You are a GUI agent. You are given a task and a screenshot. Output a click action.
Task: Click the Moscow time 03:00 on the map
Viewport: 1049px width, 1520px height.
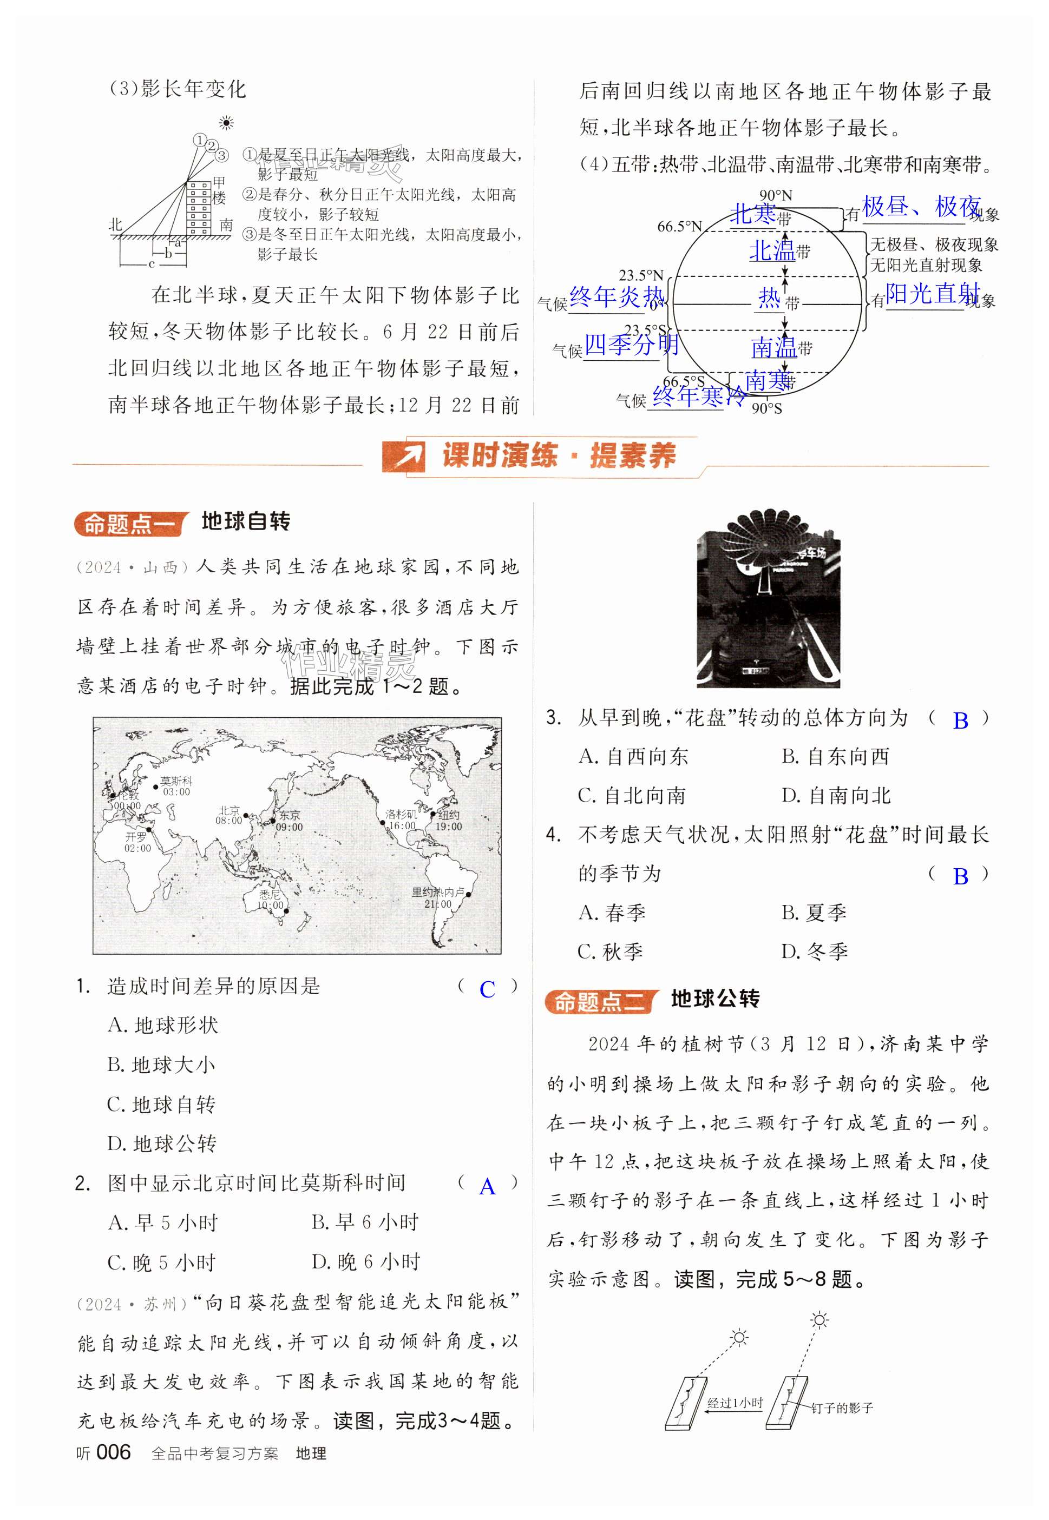pos(176,792)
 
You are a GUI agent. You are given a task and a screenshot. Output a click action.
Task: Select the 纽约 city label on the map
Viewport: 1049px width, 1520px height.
pos(449,815)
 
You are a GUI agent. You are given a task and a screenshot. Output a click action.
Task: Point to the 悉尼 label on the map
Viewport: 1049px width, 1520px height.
pos(270,895)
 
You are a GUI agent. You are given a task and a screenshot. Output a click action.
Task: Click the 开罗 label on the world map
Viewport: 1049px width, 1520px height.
pos(136,837)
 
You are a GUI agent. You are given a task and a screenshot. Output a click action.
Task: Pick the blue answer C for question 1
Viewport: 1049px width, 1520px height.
pos(487,989)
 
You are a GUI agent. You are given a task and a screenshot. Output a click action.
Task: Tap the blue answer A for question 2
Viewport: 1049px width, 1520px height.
pos(487,1186)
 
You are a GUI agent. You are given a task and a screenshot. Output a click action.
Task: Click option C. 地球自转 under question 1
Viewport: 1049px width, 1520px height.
pos(162,1104)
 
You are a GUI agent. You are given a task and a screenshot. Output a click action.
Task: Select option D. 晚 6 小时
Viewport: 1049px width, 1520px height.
pos(365,1262)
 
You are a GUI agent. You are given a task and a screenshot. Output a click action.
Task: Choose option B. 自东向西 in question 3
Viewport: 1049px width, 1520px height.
pos(835,757)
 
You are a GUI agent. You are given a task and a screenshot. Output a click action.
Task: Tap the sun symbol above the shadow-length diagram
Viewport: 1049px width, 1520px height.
pos(226,123)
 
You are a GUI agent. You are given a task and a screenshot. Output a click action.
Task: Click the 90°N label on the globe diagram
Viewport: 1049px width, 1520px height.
pos(776,196)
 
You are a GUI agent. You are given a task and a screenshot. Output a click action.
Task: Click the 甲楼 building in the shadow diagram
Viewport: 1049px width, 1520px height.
pos(199,207)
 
